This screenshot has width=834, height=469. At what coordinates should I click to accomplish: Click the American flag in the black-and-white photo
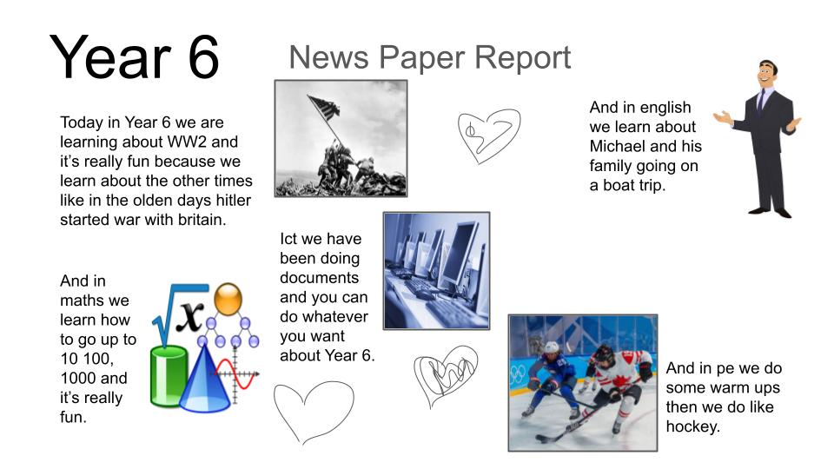click(323, 107)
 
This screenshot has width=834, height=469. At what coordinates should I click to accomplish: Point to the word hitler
click(229, 201)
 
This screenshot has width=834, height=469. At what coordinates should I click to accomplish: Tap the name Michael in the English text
click(617, 146)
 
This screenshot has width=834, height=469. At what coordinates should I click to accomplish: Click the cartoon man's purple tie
click(761, 99)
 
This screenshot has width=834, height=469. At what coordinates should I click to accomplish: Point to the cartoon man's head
click(766, 75)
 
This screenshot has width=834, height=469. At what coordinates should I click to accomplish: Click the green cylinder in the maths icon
click(169, 376)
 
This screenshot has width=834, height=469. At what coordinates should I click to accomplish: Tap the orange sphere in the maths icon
click(228, 299)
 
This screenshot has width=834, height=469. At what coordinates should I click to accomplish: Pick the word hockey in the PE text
click(692, 426)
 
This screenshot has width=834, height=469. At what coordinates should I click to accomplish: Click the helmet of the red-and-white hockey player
click(603, 353)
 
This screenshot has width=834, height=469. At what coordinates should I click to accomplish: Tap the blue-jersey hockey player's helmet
click(551, 349)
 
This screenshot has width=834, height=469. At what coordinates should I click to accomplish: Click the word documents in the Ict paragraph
click(319, 278)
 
